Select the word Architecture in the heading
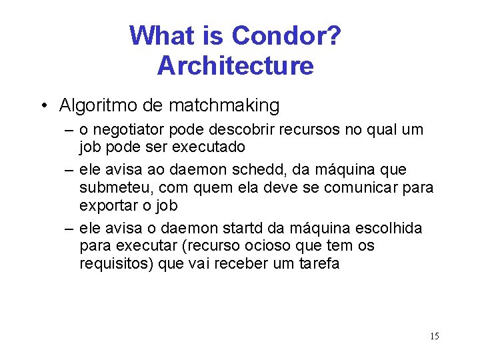[235, 66]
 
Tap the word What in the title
[160, 35]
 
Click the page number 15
[434, 336]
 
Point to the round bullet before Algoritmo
[43, 106]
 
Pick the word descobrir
[230, 129]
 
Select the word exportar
[107, 204]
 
